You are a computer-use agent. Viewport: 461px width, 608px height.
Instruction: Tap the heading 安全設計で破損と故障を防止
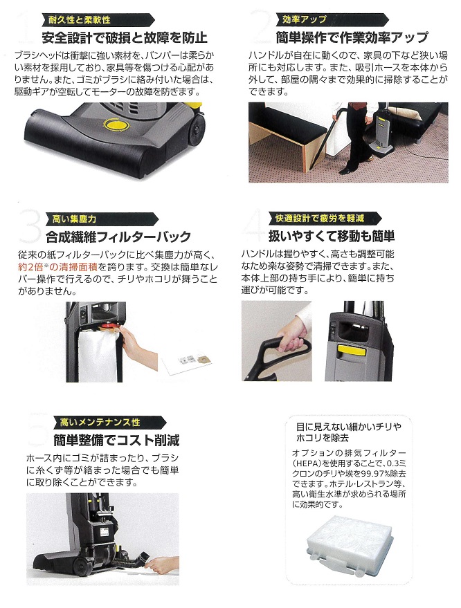[125, 38]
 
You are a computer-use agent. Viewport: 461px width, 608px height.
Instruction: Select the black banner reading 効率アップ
[332, 19]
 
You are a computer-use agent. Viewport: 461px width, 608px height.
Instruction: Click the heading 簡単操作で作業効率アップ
[352, 37]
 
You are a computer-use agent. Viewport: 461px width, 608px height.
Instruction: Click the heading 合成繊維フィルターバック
[118, 237]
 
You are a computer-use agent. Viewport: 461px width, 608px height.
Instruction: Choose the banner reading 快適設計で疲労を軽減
[325, 219]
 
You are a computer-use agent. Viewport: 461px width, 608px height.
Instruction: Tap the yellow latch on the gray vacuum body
[352, 350]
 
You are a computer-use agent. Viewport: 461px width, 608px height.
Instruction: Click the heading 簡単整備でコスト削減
[116, 441]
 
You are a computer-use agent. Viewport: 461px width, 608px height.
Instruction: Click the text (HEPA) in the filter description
[306, 463]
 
